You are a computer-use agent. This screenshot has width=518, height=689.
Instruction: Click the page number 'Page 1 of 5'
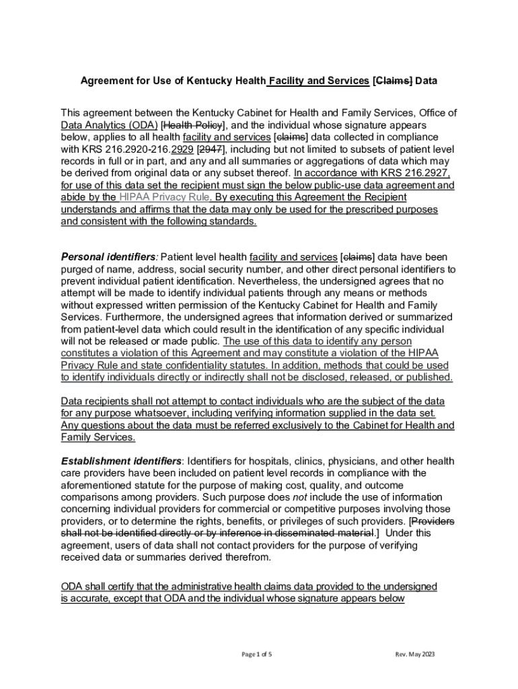256,654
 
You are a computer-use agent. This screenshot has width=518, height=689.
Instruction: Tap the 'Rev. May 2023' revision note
416,654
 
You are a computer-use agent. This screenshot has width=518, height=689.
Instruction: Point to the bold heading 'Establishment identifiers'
121,462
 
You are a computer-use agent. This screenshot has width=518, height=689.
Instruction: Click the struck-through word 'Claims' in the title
394,81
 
